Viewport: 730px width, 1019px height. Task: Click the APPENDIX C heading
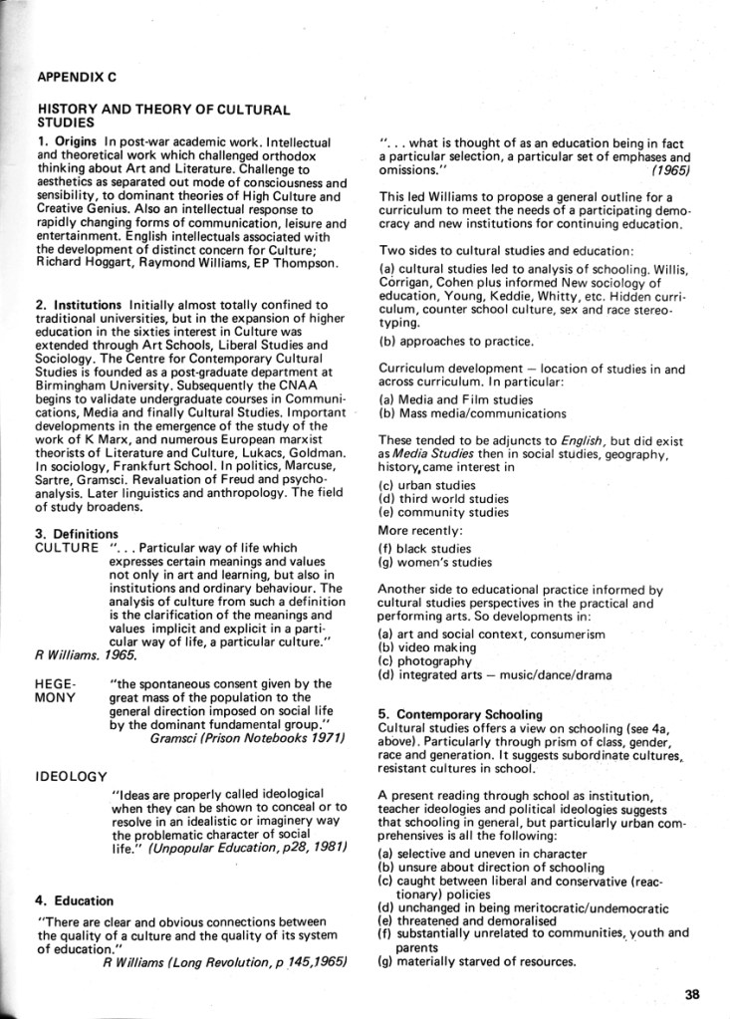pos(77,76)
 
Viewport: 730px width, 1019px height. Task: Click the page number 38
pos(693,991)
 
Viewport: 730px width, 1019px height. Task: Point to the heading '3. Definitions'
pos(77,534)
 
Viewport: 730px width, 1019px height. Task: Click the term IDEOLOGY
pos(72,774)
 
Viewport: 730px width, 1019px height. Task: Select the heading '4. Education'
pos(71,900)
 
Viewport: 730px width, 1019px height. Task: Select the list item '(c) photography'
pos(425,661)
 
